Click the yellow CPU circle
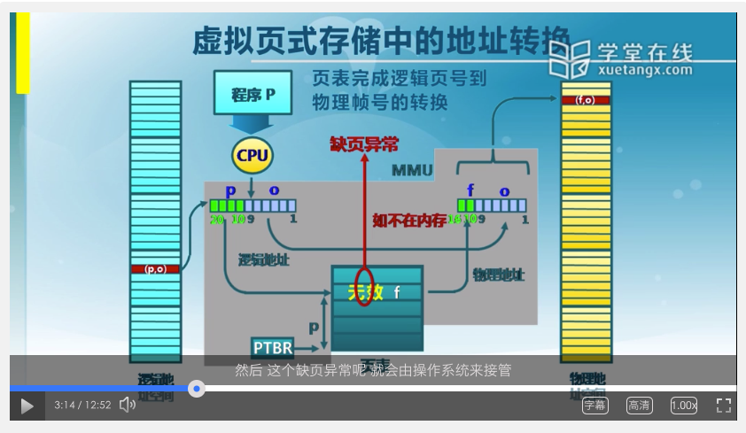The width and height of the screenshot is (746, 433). point(252,156)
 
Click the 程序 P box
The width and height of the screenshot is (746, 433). point(253,93)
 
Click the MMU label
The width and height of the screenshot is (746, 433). point(412,169)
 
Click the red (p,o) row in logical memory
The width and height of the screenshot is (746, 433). point(155,268)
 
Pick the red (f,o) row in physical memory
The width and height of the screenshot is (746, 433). point(586,100)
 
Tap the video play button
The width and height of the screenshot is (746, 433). point(27,406)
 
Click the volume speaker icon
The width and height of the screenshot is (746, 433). point(128,405)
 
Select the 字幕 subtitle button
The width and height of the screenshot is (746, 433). point(594,406)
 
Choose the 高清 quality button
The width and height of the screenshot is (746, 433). point(639,406)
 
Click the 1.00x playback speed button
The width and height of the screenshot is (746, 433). point(683,406)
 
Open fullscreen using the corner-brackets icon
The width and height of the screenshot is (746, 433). point(723,406)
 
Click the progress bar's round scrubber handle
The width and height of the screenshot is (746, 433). point(197,389)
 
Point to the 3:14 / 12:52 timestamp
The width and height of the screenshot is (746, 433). point(82,406)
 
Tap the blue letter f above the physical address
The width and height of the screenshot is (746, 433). point(470,190)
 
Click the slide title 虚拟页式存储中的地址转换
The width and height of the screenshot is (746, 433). point(381,42)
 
